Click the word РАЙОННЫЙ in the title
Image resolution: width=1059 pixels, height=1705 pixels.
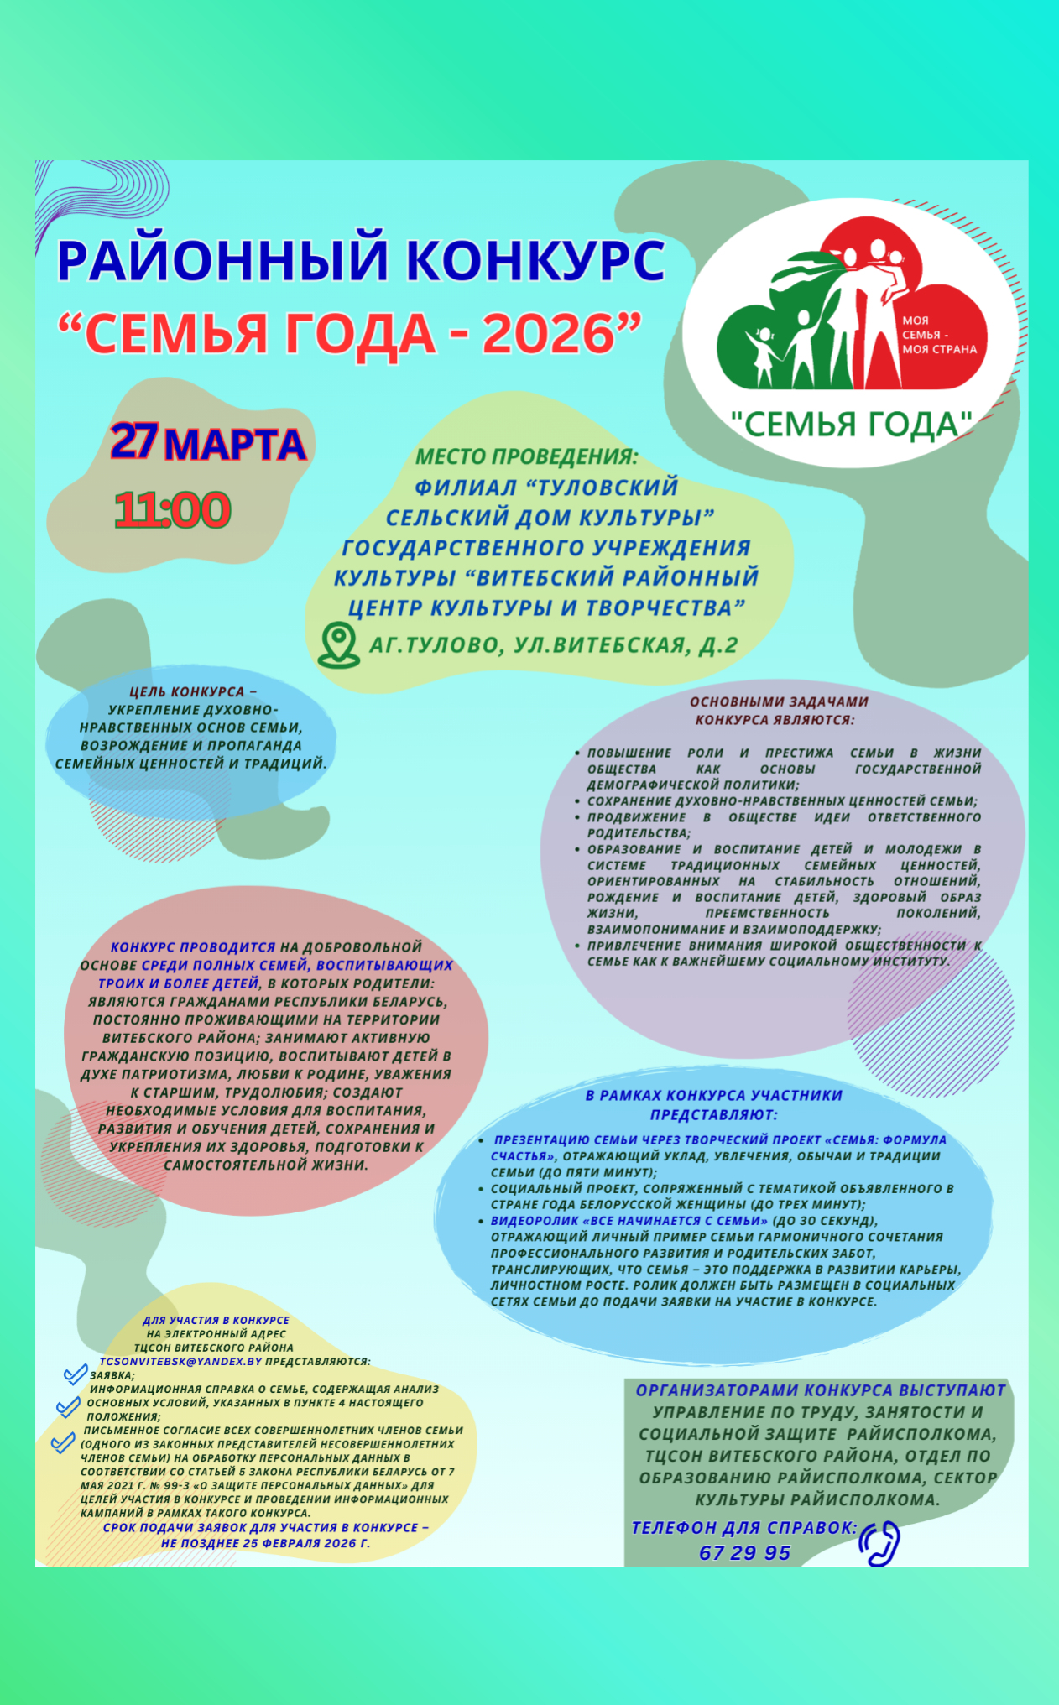(223, 259)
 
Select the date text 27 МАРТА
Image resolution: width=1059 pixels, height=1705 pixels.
(208, 443)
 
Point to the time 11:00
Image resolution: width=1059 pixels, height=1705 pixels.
(172, 510)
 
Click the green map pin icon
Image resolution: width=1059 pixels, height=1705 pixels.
(338, 644)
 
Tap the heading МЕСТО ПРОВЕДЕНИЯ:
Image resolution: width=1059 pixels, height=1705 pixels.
(527, 457)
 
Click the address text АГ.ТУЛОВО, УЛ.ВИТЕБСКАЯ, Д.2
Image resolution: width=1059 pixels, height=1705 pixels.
(554, 645)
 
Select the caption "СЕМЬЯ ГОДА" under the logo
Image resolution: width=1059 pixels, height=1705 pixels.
(850, 425)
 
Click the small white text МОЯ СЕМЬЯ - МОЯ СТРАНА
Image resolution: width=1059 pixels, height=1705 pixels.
(938, 335)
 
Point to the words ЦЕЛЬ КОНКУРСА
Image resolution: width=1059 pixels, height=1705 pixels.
(187, 692)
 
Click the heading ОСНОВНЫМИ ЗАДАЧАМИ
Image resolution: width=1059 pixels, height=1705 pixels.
(779, 701)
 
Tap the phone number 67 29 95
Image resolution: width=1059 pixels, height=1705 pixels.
(744, 1553)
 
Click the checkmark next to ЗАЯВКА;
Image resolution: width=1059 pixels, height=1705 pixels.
(76, 1374)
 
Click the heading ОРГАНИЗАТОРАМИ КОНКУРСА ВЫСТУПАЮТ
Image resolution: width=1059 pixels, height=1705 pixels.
(820, 1390)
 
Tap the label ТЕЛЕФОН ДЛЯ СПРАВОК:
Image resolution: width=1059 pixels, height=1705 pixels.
(743, 1528)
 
